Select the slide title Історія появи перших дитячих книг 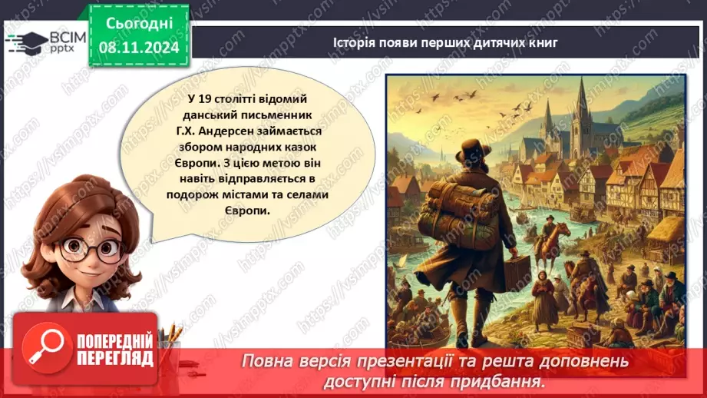[445, 42]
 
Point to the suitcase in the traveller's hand [516, 274]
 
